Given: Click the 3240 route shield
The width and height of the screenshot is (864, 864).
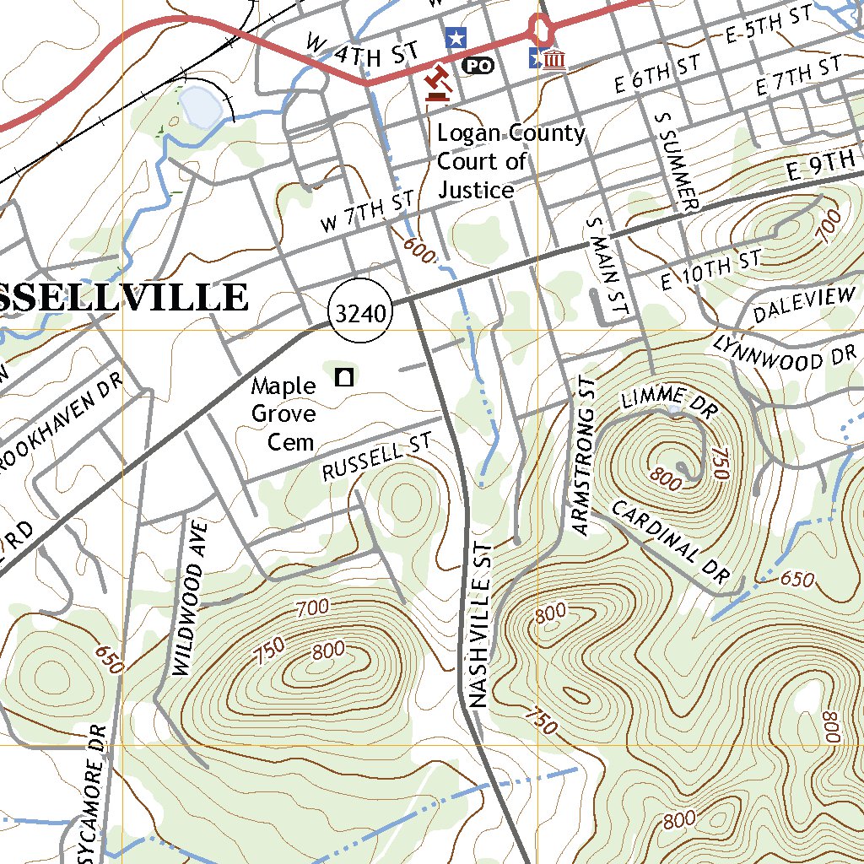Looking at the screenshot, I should [362, 314].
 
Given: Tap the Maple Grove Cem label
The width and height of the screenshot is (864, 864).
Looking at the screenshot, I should [283, 413].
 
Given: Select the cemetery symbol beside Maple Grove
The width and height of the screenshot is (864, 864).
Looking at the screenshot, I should [343, 377].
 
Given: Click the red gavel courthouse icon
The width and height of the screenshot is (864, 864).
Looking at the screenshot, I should [437, 84].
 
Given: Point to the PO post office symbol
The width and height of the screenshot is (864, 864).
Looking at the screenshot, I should [478, 64].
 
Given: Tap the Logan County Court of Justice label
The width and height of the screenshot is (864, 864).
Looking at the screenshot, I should [510, 161].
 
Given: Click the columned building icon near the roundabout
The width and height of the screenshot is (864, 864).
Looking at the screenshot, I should [555, 59].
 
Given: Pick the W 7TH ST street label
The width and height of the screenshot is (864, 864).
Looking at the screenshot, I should [367, 212].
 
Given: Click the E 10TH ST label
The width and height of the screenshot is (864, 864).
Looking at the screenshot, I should [710, 270].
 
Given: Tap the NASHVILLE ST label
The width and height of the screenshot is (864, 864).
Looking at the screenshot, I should [479, 625].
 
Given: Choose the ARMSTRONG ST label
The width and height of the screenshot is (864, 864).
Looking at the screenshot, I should [583, 456].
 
